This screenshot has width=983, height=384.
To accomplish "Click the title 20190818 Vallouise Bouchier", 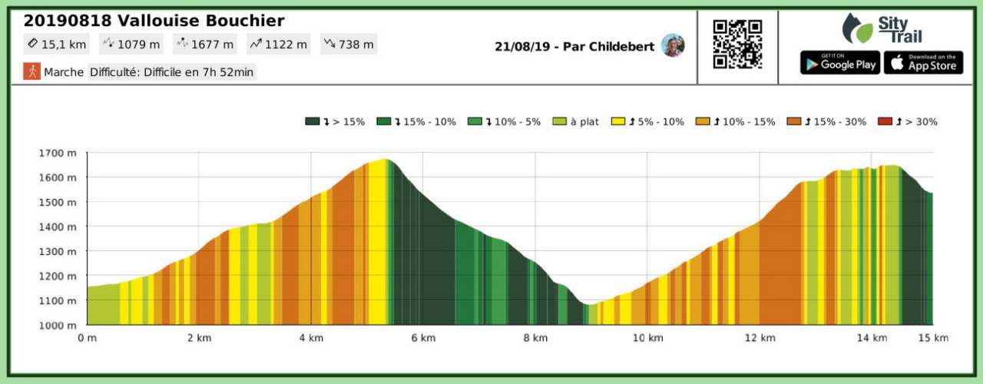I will click(x=154, y=21).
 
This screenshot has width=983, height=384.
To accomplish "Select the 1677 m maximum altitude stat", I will click(x=205, y=44).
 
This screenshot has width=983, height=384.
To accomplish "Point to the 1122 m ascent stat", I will click(x=278, y=44).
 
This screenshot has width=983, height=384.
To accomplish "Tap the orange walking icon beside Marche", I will click(x=31, y=71).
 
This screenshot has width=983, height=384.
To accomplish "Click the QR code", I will click(x=737, y=45).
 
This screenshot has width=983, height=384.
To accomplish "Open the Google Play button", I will click(x=839, y=63).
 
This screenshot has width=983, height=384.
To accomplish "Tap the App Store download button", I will click(x=923, y=63).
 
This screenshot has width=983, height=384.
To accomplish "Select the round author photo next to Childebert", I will click(x=673, y=45).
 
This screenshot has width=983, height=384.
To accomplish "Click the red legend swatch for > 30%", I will click(x=885, y=121).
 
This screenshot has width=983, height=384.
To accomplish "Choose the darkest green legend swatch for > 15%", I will click(x=312, y=121).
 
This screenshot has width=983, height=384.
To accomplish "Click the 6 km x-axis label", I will click(x=423, y=337).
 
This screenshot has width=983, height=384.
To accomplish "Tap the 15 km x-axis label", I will click(x=932, y=337).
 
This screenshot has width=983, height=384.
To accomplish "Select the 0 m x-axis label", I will click(x=87, y=337).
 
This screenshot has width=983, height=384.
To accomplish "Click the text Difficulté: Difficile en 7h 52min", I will click(x=171, y=71).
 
